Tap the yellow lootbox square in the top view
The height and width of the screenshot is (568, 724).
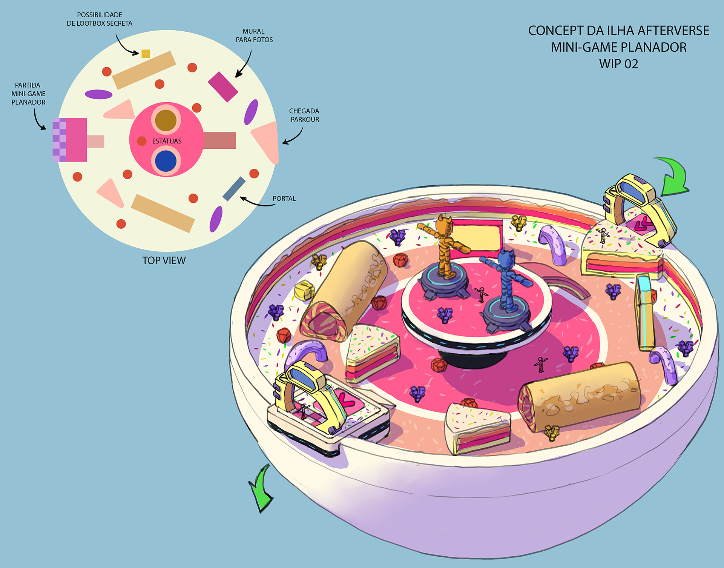click(x=146, y=54)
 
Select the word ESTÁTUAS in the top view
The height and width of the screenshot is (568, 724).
click(x=167, y=141)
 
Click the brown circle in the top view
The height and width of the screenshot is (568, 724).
click(x=166, y=120)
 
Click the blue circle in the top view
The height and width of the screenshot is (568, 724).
click(x=166, y=160)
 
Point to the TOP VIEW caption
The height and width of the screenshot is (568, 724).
click(x=164, y=260)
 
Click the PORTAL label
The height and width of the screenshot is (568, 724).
click(x=284, y=199)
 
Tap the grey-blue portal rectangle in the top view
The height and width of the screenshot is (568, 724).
click(x=234, y=189)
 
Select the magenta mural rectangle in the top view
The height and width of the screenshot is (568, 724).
click(x=223, y=87)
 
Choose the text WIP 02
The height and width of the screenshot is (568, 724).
click(x=618, y=64)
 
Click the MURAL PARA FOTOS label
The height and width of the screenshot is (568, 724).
click(x=254, y=35)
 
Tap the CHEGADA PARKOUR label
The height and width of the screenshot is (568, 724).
click(x=304, y=115)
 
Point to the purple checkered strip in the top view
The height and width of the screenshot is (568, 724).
click(x=60, y=140)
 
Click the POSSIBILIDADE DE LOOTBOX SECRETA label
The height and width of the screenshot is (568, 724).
click(x=100, y=19)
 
